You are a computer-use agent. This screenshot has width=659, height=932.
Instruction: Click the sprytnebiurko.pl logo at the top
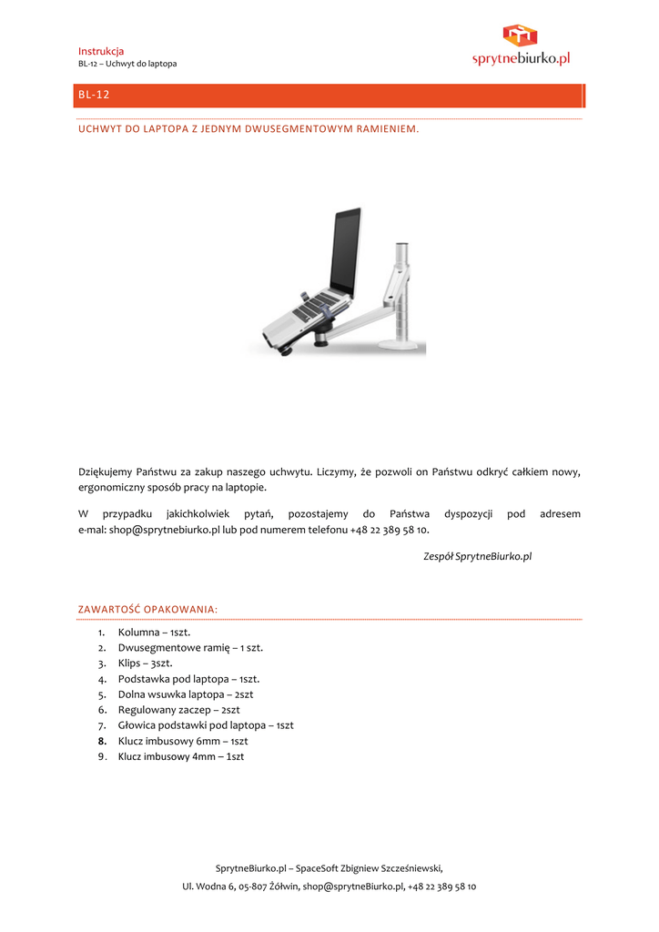[521, 47]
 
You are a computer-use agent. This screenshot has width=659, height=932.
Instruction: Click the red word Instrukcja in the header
[101, 51]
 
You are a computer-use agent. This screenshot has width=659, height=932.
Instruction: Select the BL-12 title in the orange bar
[94, 95]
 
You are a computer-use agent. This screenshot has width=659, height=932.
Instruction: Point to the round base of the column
[400, 344]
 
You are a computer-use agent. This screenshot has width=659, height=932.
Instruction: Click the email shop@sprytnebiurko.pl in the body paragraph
[165, 529]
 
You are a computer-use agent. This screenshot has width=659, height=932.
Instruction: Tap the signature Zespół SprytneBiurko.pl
[477, 555]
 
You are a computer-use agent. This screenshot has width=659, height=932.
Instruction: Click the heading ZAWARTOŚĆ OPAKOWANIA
[147, 608]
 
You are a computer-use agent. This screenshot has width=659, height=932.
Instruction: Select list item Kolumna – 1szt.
[154, 632]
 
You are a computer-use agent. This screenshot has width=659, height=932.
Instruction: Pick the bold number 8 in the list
[103, 741]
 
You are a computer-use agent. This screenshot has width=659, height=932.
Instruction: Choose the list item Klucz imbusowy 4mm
[180, 756]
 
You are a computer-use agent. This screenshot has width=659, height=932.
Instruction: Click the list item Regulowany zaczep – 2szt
[178, 710]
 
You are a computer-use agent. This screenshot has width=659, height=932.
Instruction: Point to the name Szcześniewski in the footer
[401, 868]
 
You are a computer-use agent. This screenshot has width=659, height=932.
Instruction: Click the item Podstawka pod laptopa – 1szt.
[188, 679]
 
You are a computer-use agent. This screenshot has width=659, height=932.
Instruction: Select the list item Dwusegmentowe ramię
[190, 648]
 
